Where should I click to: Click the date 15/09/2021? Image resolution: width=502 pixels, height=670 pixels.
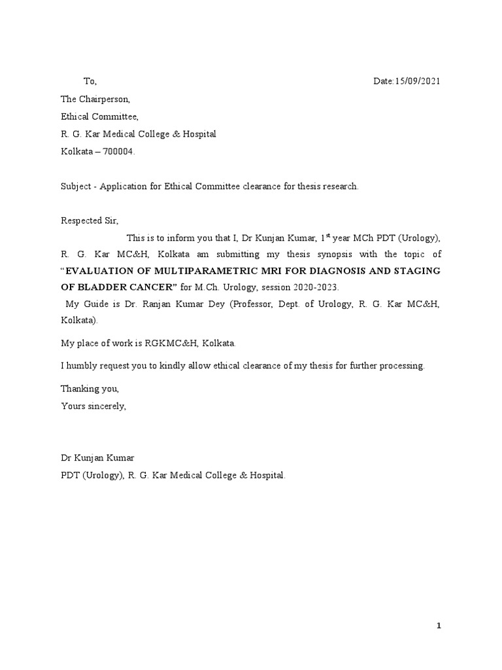(418, 81)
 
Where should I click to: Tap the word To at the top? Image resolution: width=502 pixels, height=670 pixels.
(90, 81)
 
